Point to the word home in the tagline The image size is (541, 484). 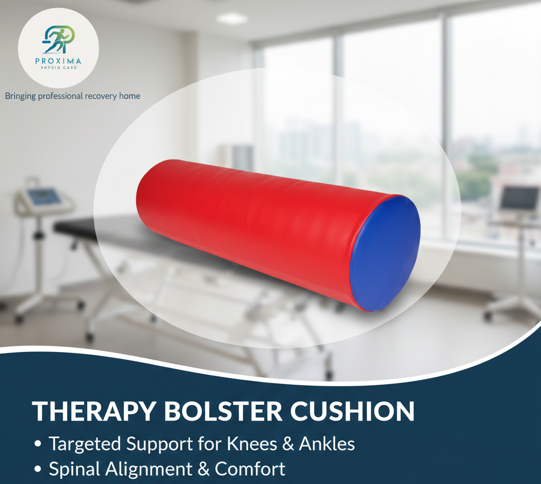tap(129, 96)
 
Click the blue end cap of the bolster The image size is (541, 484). tap(385, 252)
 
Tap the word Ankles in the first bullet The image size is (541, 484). tap(327, 443)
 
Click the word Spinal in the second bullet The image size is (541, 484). tap(76, 468)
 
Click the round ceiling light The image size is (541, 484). tap(232, 18)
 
